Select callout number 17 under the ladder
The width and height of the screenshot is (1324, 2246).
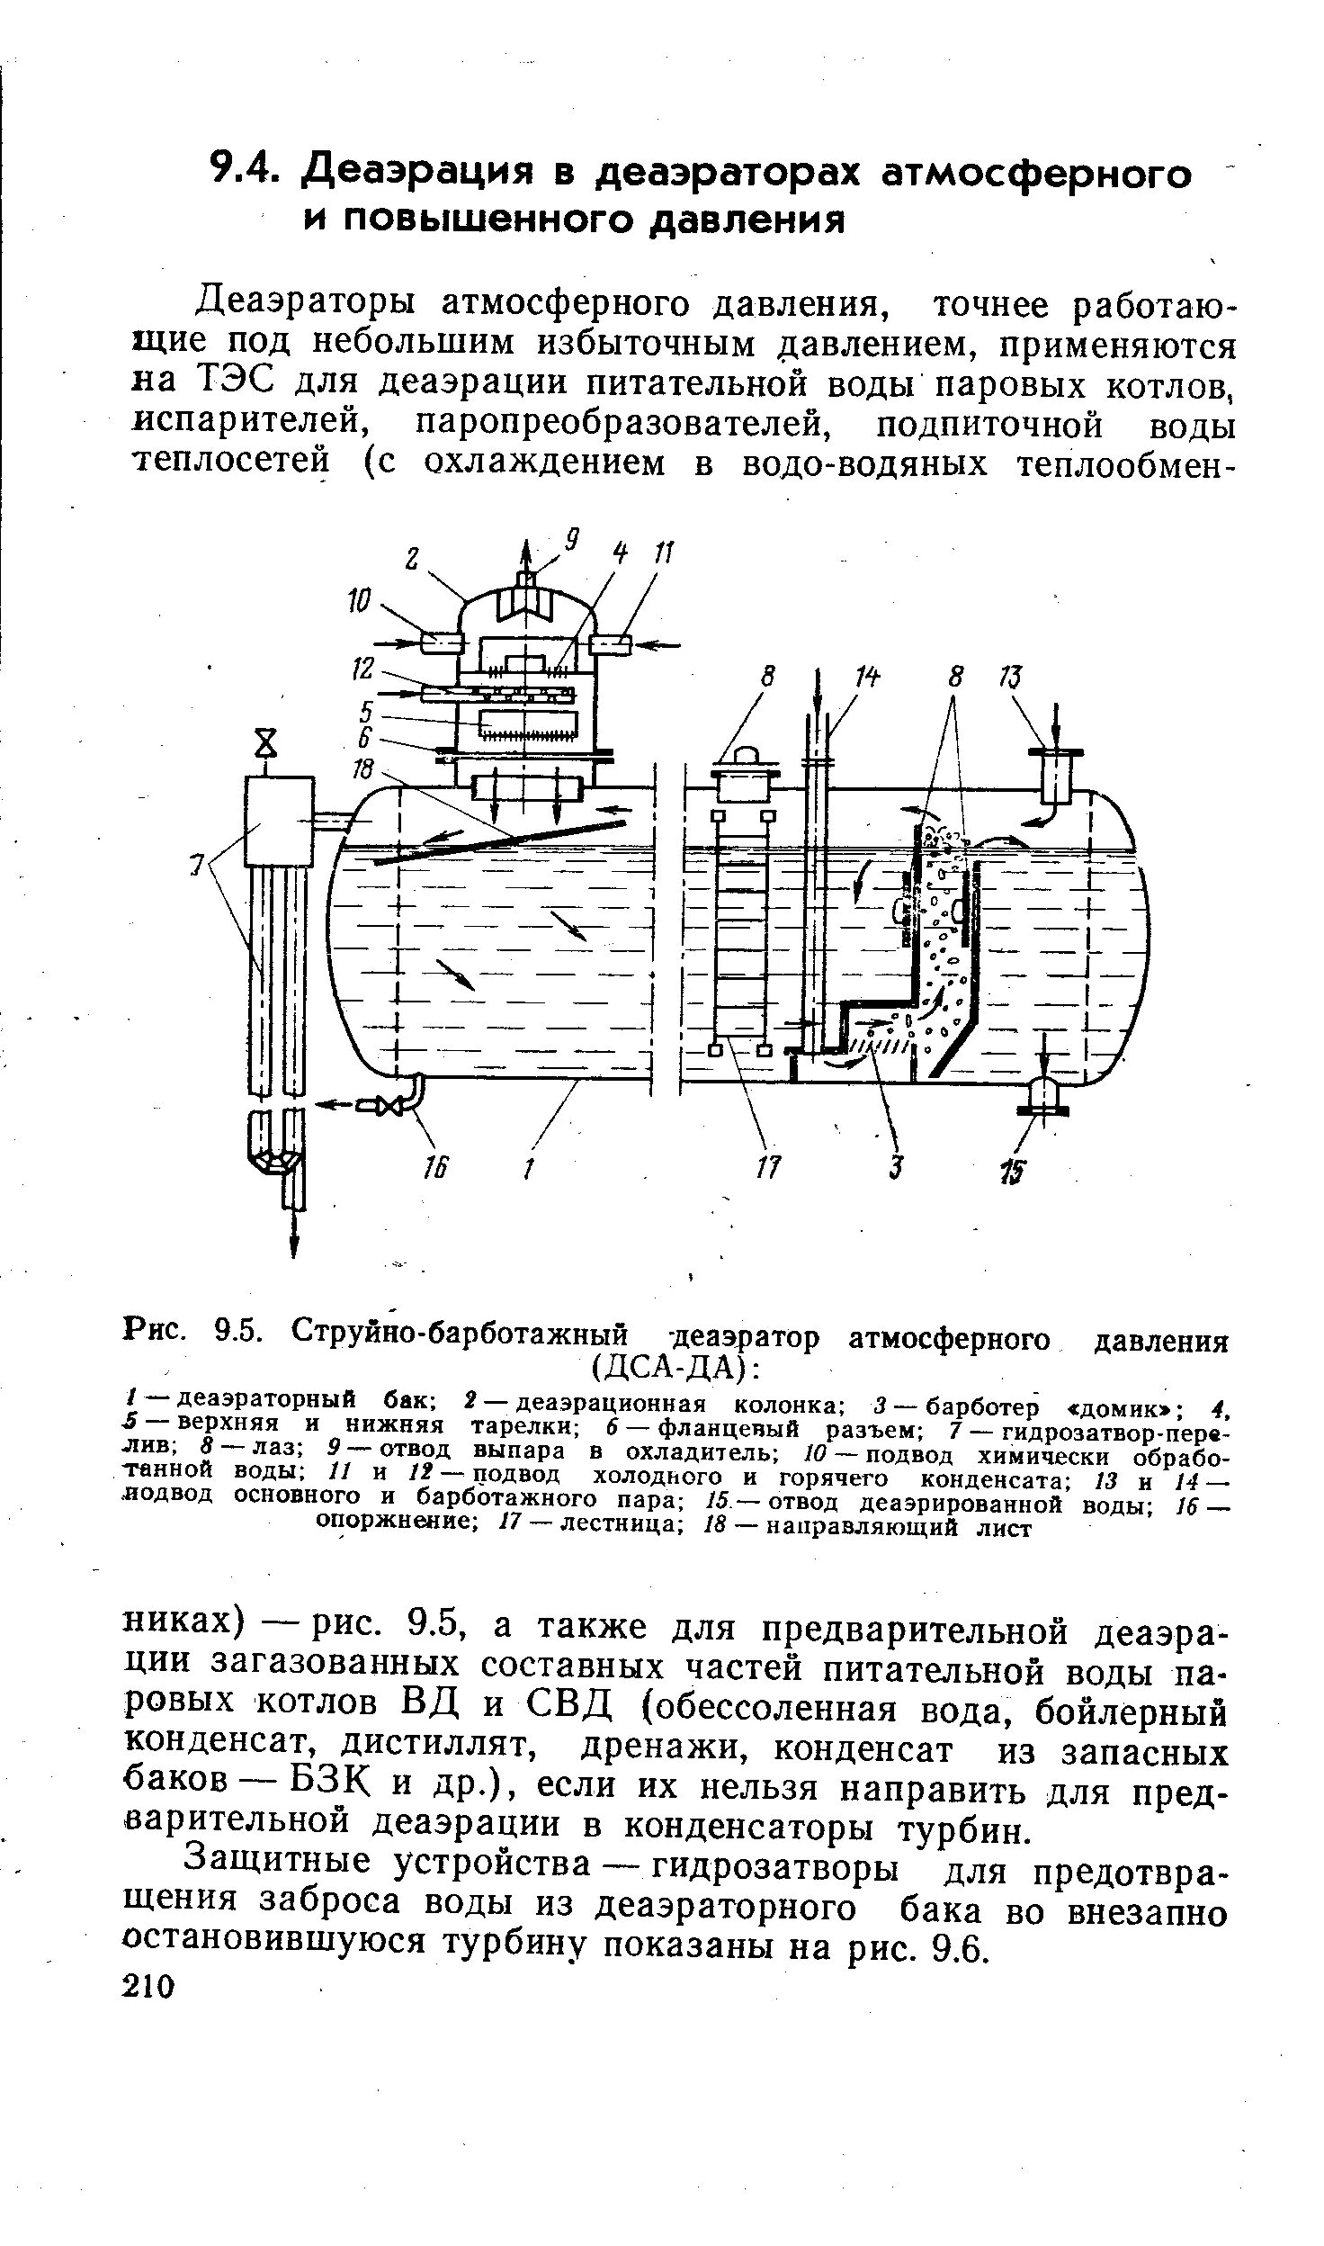tap(770, 1171)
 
